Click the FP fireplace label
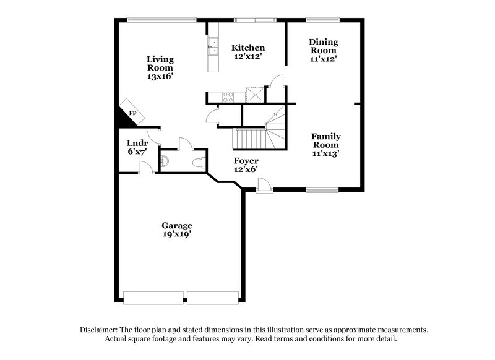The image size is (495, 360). (132, 113)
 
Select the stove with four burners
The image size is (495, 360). (228, 96)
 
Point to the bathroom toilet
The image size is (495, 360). (199, 163)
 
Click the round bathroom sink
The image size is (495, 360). (164, 161)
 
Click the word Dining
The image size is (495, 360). (323, 42)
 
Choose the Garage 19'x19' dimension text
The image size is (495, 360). (177, 235)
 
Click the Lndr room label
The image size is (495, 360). (137, 142)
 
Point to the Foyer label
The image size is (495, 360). (246, 161)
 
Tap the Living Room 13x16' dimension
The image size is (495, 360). (160, 77)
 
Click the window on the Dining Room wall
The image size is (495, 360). (323, 19)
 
